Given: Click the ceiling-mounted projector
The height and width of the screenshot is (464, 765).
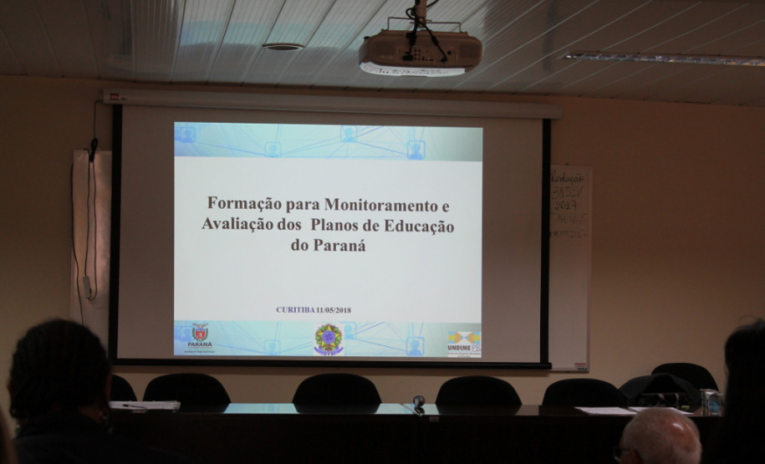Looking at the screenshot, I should (x=420, y=53).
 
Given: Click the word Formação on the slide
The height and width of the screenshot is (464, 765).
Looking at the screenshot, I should (x=237, y=203).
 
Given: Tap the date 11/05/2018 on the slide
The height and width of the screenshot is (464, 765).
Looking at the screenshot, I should (x=333, y=310).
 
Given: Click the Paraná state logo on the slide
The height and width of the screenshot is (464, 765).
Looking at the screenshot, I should (x=199, y=336).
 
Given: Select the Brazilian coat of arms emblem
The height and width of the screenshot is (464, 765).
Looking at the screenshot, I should (x=328, y=339).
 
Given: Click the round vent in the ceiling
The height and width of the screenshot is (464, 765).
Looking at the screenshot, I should (x=283, y=47).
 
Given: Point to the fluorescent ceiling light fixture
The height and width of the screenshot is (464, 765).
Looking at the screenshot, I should (x=661, y=59).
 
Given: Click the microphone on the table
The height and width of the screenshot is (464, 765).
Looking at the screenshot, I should (x=419, y=401).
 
